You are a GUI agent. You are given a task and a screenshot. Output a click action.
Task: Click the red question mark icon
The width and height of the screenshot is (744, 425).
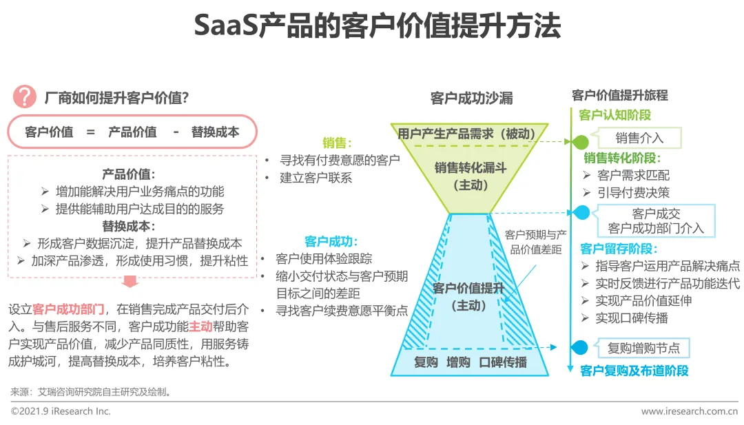point(25,97)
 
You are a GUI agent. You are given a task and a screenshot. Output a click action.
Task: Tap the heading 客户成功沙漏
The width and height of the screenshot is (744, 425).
point(471,98)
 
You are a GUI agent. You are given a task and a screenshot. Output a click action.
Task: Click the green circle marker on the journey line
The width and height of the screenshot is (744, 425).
point(581,143)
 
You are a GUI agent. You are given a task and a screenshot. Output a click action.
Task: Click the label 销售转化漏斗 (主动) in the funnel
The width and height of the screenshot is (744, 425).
point(471,176)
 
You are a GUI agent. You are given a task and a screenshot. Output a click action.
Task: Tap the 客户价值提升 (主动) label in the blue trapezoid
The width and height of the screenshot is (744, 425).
point(468,297)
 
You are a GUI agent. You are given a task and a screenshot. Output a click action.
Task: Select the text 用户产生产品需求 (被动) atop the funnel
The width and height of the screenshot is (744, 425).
point(471,133)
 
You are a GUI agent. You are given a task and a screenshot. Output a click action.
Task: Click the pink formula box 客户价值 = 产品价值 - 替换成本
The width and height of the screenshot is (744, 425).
point(132,132)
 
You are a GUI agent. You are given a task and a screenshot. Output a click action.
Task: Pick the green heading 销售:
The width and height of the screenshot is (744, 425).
point(338,143)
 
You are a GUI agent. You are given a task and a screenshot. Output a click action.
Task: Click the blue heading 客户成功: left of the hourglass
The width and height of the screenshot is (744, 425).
point(331,242)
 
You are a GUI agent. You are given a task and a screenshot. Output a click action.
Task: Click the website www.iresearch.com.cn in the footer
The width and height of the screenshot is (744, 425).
point(689,411)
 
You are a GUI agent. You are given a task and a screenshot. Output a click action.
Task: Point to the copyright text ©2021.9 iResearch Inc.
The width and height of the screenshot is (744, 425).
point(61,411)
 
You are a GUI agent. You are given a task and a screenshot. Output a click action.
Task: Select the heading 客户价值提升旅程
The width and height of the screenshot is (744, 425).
point(620,96)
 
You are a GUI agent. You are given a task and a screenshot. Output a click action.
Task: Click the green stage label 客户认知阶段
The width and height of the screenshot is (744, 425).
point(615,115)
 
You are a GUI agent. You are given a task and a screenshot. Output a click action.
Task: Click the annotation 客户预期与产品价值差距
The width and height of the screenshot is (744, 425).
point(535,242)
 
